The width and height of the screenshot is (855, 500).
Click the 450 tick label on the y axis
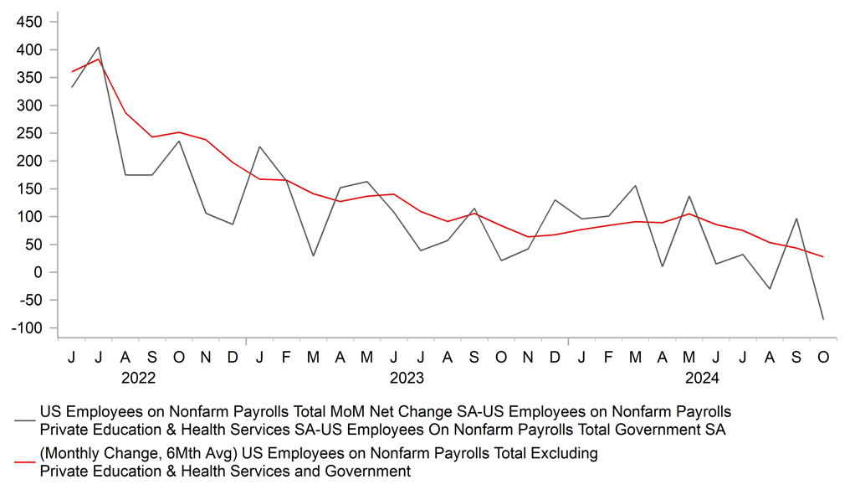click(29, 23)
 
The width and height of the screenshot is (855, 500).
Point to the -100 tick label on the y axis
click(27, 327)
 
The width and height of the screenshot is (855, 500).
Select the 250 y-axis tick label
click(29, 133)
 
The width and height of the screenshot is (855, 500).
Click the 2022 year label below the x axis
click(138, 379)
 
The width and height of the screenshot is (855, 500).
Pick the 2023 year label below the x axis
click(407, 379)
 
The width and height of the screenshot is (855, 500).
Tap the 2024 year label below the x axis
click(702, 379)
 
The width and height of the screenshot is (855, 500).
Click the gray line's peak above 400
click(99, 47)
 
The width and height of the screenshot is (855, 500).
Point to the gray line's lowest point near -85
click(823, 319)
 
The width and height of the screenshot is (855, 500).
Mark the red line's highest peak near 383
click(99, 59)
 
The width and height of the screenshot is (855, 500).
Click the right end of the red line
click(823, 256)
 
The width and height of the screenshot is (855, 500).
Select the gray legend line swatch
click(25, 420)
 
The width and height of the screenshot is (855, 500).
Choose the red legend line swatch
click(25, 462)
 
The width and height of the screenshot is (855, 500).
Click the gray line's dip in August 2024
click(770, 289)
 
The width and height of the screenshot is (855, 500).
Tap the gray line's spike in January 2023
click(259, 147)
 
